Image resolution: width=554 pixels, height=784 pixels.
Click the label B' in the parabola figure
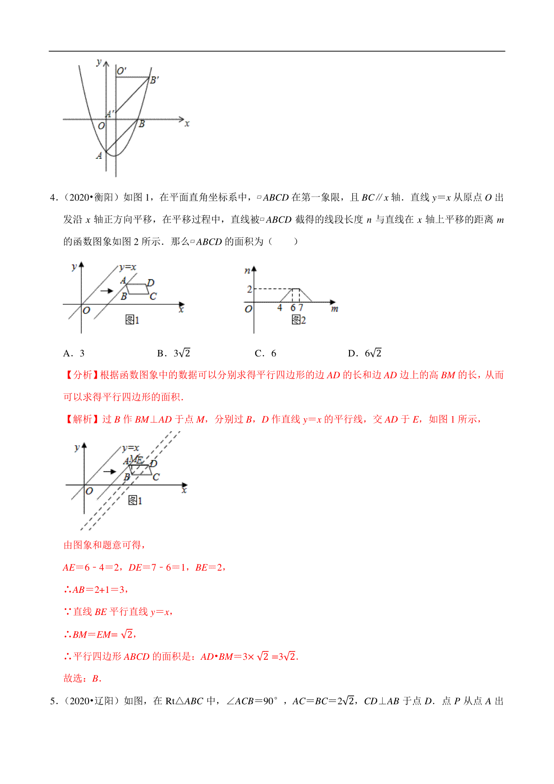155,80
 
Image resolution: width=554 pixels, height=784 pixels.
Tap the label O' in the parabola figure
122,71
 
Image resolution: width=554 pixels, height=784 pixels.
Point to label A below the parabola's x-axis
99,156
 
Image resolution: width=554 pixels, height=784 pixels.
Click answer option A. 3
74,354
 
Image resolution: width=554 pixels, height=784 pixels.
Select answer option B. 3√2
174,354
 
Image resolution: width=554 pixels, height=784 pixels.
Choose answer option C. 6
265,354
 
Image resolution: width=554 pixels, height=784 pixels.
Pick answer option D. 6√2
365,354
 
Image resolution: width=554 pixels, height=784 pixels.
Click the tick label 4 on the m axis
280,308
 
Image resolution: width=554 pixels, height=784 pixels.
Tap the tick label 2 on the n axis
249,289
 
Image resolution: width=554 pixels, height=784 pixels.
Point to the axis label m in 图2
335,309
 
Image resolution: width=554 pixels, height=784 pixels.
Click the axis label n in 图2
247,271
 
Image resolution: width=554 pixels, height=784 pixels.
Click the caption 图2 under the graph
299,320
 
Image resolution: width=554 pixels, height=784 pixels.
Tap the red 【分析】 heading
81,375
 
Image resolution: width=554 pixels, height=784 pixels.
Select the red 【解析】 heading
81,419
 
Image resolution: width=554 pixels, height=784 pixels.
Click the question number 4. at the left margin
54,198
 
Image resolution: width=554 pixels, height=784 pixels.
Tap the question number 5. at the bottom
54,701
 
